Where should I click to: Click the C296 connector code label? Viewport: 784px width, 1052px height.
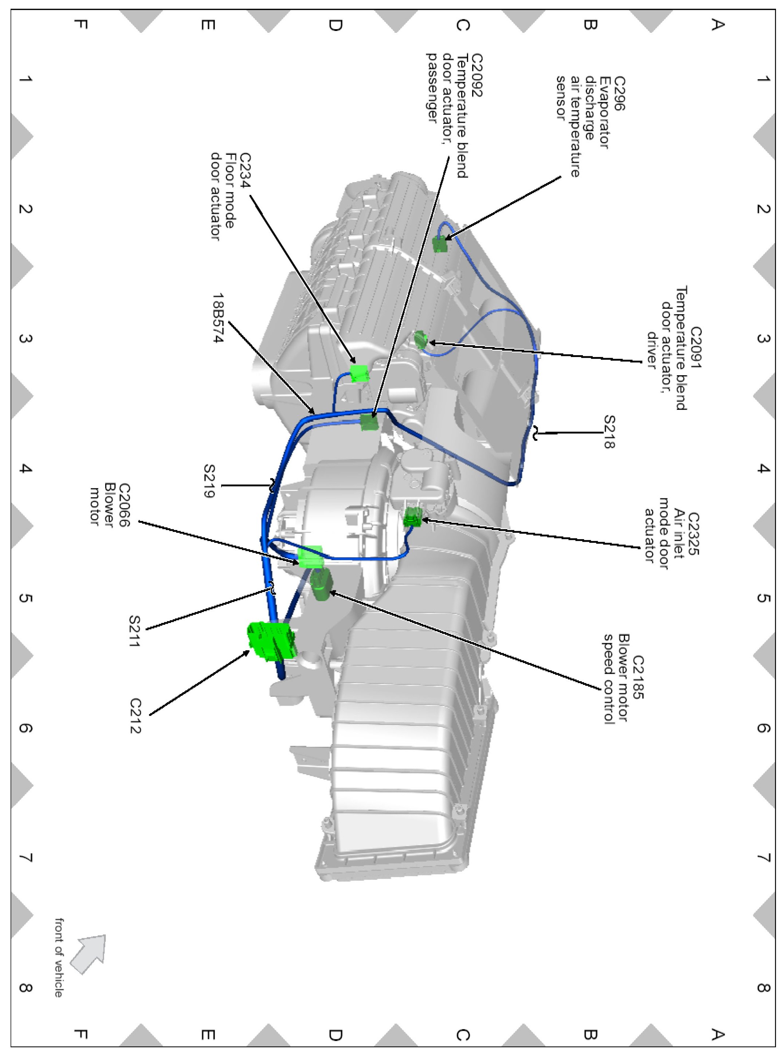[619, 94]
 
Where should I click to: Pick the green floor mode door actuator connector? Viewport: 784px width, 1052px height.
[359, 373]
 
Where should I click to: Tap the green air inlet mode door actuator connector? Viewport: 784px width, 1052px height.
[412, 517]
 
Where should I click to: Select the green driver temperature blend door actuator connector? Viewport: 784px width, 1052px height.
[420, 339]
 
